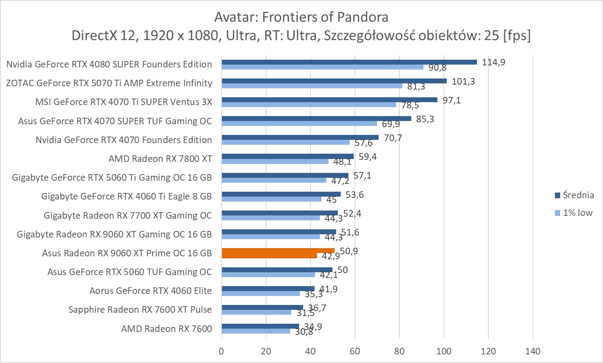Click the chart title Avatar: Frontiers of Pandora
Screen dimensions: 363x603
(301, 17)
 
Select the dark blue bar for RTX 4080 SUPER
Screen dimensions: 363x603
(349, 62)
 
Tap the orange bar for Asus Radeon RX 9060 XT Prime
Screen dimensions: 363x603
(278, 251)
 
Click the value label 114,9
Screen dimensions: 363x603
(493, 62)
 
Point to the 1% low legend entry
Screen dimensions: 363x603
(574, 213)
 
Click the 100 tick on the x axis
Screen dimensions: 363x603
(444, 351)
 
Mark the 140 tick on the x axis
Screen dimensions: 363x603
(533, 351)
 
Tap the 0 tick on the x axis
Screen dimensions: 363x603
(222, 351)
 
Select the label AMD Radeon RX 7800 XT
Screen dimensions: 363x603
(160, 159)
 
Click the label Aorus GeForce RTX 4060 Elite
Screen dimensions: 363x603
(151, 291)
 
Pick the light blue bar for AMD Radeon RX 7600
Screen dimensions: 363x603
(256, 331)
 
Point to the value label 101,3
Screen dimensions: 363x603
(463, 81)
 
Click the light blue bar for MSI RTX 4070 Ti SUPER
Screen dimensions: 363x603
(309, 105)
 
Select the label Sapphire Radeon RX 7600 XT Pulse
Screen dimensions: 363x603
(140, 309)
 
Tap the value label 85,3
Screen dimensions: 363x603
(425, 119)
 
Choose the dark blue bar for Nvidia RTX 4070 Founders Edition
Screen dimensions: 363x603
(300, 137)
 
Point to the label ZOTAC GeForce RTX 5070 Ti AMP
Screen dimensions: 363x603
(109, 83)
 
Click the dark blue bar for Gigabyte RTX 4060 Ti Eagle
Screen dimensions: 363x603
(281, 194)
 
